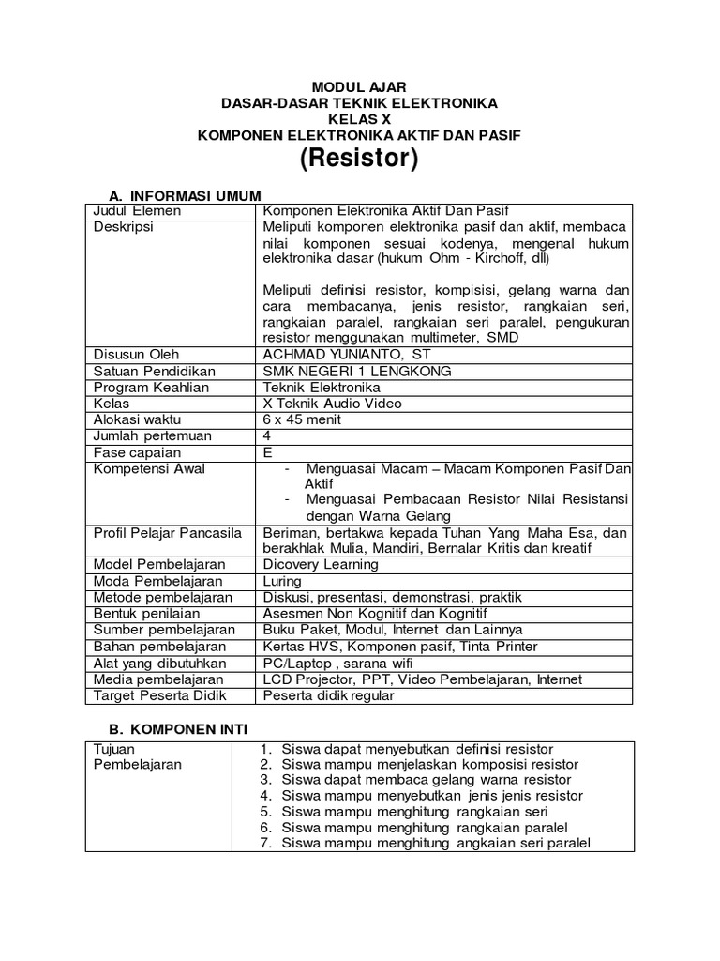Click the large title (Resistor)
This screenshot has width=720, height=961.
(358, 160)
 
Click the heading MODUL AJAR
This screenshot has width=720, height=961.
(358, 86)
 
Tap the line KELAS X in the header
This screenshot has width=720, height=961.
(358, 119)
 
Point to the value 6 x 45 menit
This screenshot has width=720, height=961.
(302, 419)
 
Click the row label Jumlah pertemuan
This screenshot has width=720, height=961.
(152, 435)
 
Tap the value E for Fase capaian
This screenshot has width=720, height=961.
(268, 452)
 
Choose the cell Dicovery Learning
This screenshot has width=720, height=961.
(321, 564)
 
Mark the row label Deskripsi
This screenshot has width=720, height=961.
(124, 227)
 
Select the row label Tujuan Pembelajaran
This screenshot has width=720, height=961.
(137, 756)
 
